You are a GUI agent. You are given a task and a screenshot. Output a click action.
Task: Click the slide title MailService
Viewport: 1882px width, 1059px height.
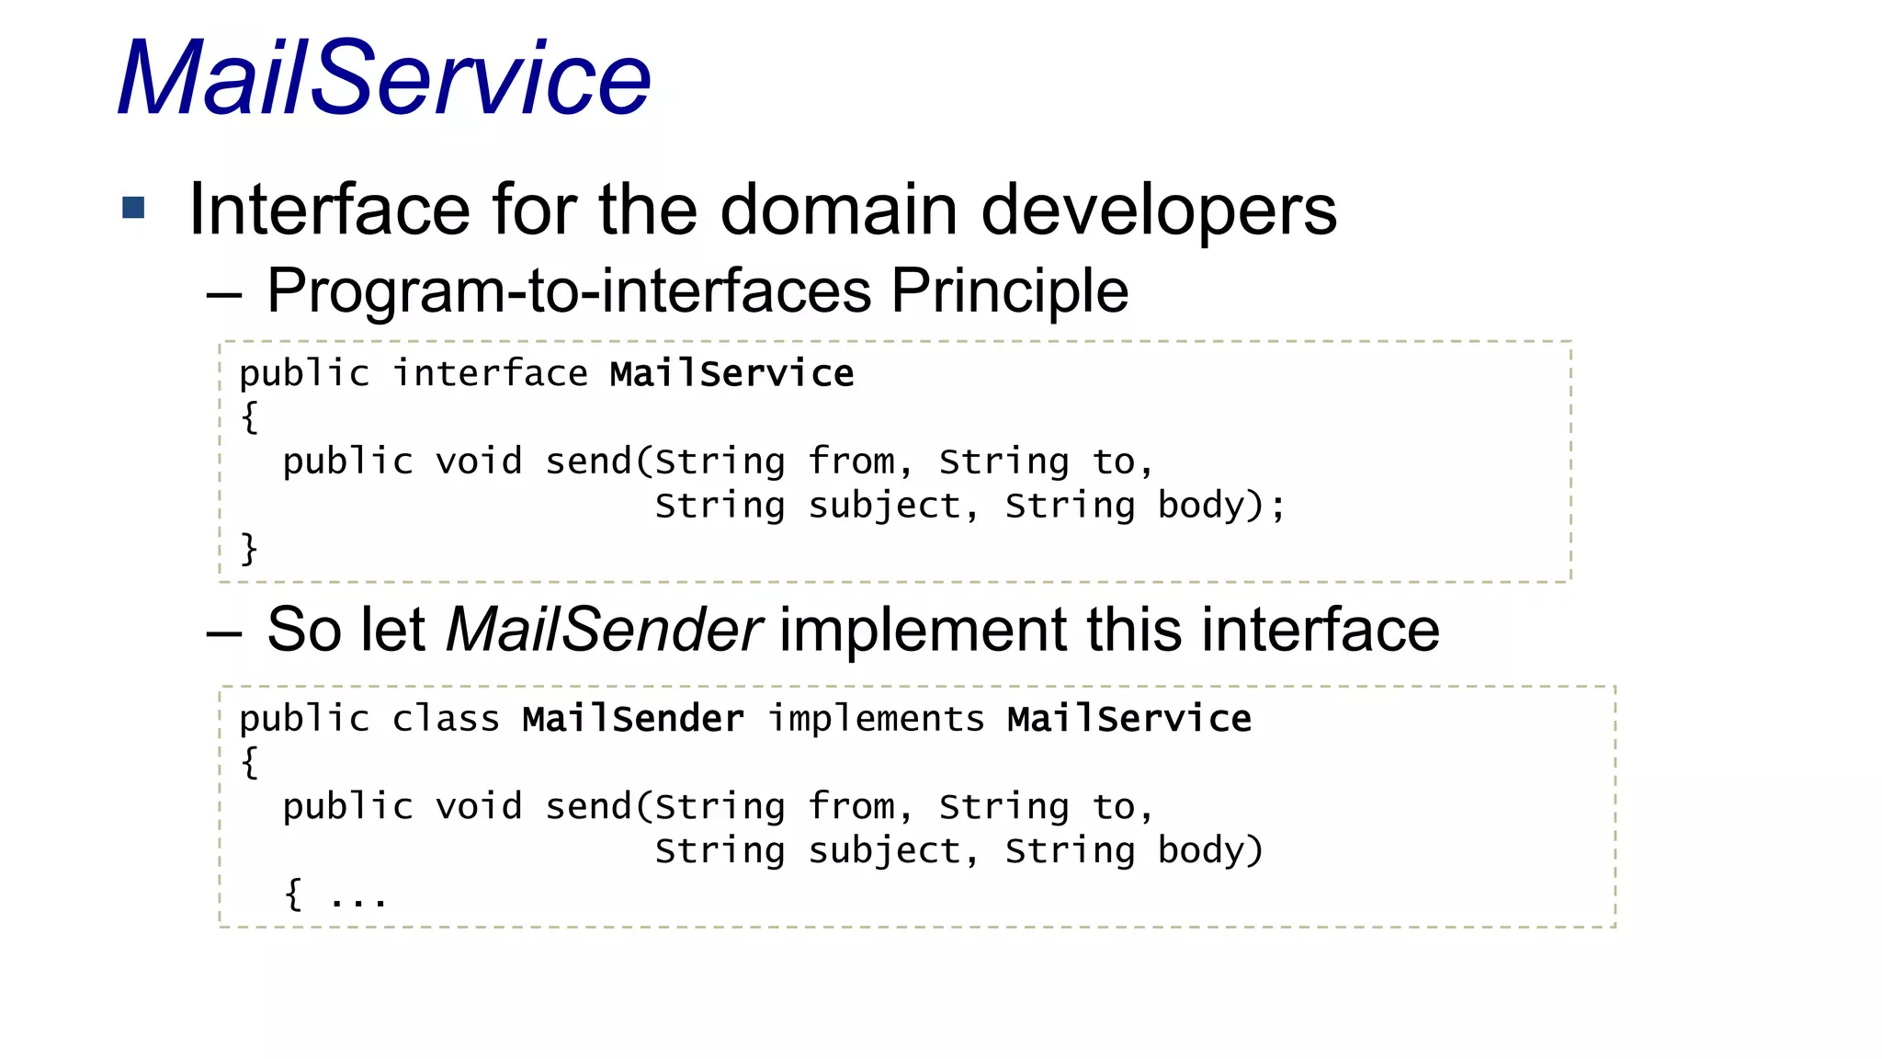pyautogui.click(x=384, y=78)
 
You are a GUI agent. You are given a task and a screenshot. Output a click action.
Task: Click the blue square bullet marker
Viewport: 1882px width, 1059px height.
pyautogui.click(x=134, y=208)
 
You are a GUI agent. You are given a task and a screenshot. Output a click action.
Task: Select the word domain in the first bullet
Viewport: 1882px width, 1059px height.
pyautogui.click(x=838, y=210)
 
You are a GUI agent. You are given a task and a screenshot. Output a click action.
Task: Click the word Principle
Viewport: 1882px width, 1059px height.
pyautogui.click(x=1009, y=290)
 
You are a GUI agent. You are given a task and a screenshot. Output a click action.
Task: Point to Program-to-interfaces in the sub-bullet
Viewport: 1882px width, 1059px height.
pyautogui.click(x=568, y=290)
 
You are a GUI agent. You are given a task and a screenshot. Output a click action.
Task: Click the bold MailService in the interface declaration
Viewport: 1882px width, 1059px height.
pyautogui.click(x=731, y=373)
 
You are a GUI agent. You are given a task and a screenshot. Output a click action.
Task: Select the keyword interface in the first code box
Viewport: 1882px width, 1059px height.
pyautogui.click(x=490, y=373)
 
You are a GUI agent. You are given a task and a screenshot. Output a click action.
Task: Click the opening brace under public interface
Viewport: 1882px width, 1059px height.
pyautogui.click(x=249, y=416)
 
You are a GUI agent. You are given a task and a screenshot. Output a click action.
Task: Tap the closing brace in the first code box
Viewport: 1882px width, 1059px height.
pyautogui.click(x=249, y=549)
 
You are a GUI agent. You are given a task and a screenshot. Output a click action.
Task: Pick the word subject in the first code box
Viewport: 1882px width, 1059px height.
pyautogui.click(x=884, y=506)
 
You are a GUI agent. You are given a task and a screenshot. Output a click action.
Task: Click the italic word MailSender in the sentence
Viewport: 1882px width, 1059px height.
pyautogui.click(x=603, y=631)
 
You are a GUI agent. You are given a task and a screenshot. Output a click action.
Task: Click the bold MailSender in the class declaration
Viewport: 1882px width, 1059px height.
pyautogui.click(x=633, y=719)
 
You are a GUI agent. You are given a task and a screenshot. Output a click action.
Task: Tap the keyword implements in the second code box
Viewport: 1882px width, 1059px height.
pyautogui.click(x=876, y=719)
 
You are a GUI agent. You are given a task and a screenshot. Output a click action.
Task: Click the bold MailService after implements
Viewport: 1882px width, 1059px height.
pyautogui.click(x=1128, y=719)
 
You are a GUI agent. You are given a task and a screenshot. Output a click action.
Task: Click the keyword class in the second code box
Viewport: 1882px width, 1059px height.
pyautogui.click(x=446, y=719)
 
